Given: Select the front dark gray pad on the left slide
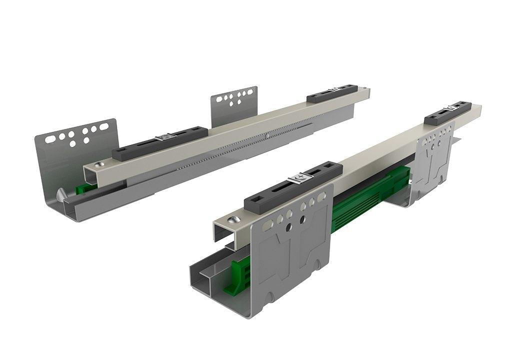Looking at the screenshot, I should click(x=160, y=143).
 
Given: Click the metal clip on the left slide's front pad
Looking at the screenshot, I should click(x=165, y=137).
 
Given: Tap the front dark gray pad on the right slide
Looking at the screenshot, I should click(x=292, y=184).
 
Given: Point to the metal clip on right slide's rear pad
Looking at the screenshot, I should click(x=453, y=107).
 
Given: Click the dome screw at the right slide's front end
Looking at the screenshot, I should click(x=233, y=219).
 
